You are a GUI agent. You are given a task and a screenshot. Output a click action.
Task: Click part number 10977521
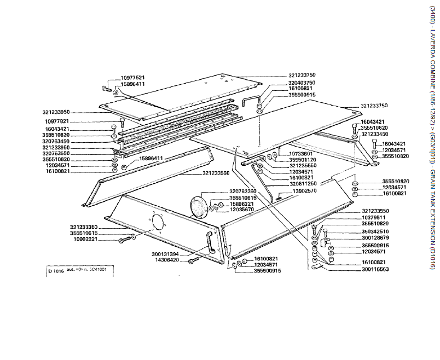click(132, 78)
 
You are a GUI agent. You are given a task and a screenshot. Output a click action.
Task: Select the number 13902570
click(305, 190)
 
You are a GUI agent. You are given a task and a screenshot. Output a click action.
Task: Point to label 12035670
click(241, 209)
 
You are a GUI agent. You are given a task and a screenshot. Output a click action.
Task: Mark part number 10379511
click(375, 217)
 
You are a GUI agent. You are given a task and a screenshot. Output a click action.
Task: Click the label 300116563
click(374, 269)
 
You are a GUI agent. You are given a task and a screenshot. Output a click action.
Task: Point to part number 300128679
click(375, 237)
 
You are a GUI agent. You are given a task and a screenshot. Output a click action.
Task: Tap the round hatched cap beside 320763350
click(199, 208)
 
